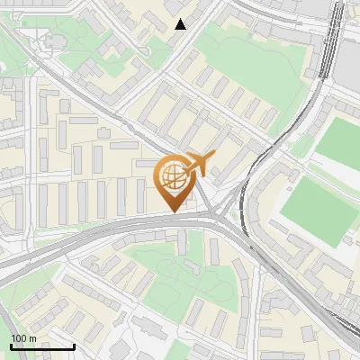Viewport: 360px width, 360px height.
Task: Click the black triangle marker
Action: pos(181,24)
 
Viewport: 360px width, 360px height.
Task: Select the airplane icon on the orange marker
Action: pos(201,164)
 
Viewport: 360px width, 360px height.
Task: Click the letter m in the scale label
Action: pos(32,337)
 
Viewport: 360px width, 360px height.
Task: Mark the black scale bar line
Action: pos(42,346)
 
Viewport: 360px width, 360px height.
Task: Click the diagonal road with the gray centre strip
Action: pos(90,99)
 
